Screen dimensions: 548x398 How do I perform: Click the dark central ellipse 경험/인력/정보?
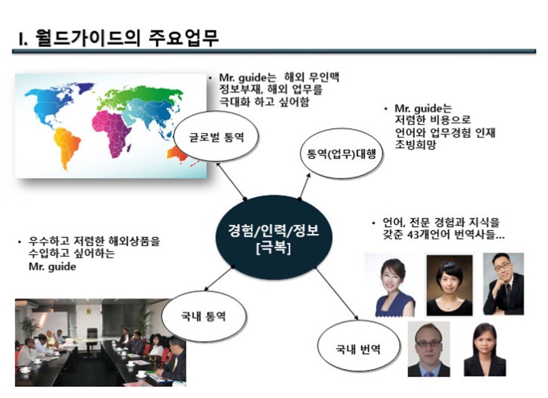(x=274, y=237)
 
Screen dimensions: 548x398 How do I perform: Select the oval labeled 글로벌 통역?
(x=216, y=137)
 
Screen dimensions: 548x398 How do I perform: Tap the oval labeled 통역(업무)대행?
(x=341, y=154)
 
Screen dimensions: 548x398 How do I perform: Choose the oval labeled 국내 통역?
(x=203, y=316)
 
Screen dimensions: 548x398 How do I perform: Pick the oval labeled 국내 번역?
(x=358, y=348)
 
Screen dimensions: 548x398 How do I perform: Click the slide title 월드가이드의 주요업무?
(x=119, y=39)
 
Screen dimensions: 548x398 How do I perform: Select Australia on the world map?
(x=177, y=154)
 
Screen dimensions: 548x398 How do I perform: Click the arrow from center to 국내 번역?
(x=337, y=294)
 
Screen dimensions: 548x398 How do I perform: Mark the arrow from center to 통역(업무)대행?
(x=304, y=186)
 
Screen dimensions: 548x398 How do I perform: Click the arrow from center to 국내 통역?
(x=218, y=279)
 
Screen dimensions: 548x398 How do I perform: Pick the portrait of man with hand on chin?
(x=503, y=284)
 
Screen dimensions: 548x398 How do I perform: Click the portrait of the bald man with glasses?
(x=429, y=349)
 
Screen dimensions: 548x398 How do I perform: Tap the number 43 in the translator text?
(x=413, y=235)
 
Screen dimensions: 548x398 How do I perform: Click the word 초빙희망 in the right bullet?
(x=416, y=144)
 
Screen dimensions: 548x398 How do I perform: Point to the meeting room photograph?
(x=100, y=343)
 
